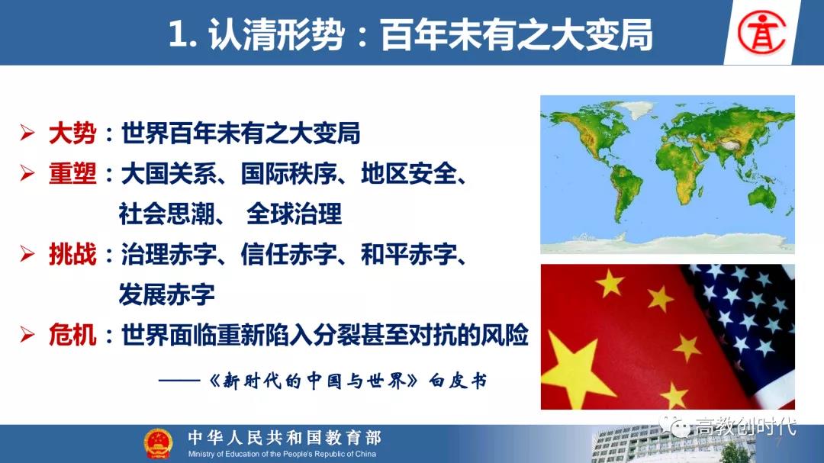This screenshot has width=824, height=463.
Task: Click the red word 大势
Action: [x=72, y=133]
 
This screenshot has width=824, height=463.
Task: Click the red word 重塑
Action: [x=72, y=173]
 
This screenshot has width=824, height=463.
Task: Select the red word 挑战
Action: [x=72, y=254]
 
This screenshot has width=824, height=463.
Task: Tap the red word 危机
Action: [x=72, y=335]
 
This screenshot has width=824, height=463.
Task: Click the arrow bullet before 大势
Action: [x=27, y=133]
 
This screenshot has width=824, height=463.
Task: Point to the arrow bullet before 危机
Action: [x=27, y=335]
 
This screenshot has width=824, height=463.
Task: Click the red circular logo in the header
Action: [x=761, y=33]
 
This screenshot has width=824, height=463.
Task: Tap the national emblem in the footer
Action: [x=158, y=444]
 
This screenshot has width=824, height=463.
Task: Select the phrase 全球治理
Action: [x=294, y=214]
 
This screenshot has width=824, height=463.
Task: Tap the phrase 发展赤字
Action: [x=166, y=294]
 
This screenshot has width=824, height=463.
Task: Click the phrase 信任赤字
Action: [x=288, y=254]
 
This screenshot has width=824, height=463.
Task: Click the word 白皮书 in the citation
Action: [x=458, y=381]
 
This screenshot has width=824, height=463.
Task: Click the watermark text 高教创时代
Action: [x=745, y=426]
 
